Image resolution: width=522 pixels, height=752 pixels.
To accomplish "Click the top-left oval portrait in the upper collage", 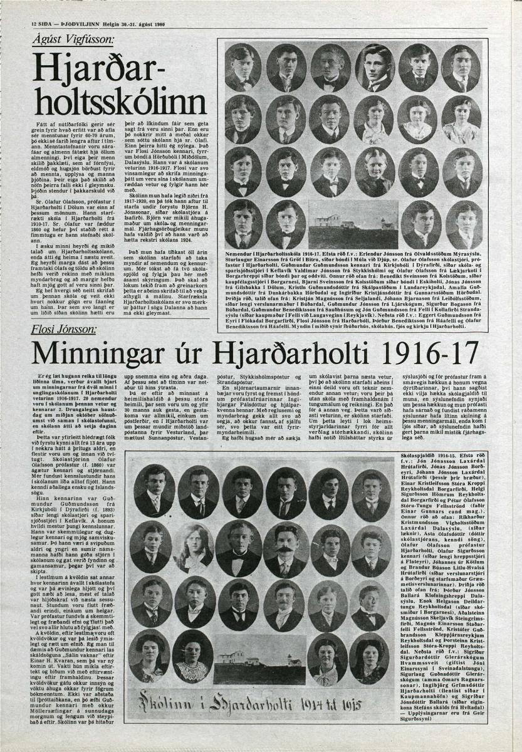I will [243, 67].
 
